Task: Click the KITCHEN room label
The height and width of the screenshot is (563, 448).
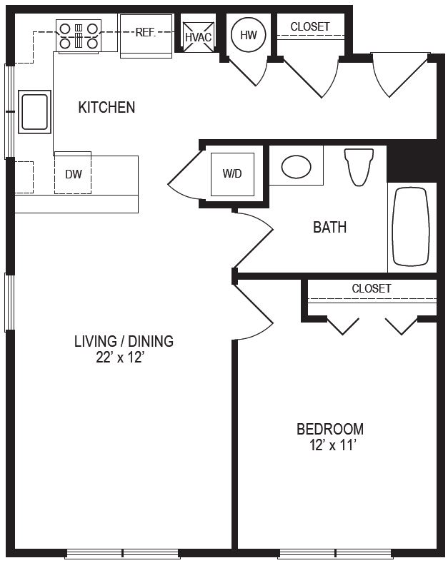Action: (106, 107)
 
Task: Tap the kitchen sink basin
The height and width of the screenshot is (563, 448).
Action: (34, 111)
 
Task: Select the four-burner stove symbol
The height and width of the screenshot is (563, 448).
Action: (79, 36)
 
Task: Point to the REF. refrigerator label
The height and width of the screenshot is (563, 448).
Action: (145, 33)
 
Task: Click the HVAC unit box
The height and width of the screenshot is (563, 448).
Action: (199, 36)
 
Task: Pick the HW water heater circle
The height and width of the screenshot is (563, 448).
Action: (249, 35)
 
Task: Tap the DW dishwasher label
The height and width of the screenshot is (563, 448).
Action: (74, 174)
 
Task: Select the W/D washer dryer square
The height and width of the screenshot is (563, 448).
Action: (232, 174)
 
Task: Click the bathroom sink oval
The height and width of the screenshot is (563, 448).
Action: (296, 167)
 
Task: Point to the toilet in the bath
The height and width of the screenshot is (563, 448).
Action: (359, 166)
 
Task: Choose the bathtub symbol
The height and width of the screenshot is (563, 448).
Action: (411, 227)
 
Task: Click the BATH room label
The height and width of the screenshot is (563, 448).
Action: (329, 228)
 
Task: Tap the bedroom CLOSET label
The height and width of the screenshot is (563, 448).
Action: (372, 288)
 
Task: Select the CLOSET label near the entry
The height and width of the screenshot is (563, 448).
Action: (310, 26)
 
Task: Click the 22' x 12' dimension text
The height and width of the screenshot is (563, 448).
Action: (120, 357)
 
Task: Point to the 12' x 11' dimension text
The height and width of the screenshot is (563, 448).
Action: (332, 445)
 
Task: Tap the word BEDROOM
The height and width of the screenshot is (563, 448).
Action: (330, 429)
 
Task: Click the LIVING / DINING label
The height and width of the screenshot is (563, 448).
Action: (124, 341)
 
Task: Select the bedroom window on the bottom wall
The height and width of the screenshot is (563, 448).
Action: (335, 553)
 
